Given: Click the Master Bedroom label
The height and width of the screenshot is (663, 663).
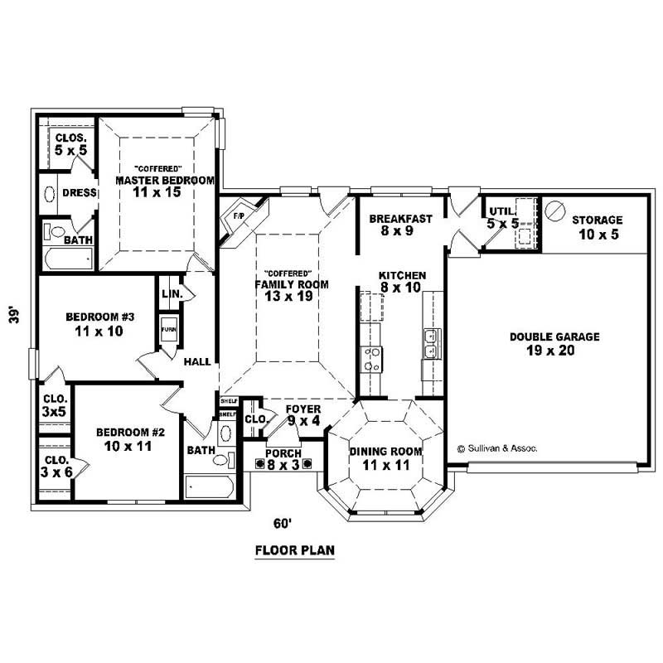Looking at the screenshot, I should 164,186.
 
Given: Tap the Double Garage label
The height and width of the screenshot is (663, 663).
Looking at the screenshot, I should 554,343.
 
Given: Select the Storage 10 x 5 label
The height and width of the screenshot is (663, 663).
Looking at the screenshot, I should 597,226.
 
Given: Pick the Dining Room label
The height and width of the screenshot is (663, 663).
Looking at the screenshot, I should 385,458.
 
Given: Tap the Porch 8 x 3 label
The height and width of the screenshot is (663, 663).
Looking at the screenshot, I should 283,459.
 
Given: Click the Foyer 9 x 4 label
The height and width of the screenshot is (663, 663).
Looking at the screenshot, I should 302,414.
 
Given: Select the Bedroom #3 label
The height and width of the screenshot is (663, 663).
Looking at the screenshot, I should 94,324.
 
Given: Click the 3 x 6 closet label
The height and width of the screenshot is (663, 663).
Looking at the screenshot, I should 56,465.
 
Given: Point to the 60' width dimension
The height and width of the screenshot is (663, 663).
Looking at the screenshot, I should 284,523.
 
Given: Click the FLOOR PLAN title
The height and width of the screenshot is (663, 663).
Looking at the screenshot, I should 294,549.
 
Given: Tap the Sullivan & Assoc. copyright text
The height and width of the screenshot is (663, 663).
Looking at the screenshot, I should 496,448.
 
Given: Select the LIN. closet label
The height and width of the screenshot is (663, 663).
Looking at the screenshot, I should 172,294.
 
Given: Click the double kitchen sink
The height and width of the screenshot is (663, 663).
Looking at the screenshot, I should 432,342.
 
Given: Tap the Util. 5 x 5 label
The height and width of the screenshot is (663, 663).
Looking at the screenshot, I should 502,217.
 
